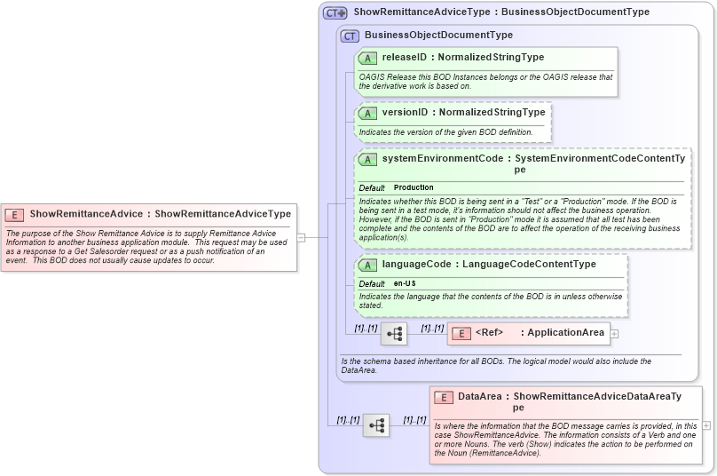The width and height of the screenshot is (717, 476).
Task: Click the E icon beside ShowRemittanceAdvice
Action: click(15, 214)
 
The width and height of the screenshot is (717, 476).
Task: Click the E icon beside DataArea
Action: click(444, 397)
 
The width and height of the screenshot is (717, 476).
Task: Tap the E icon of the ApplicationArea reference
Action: click(461, 333)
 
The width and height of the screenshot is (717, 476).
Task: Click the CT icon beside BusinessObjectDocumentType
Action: click(351, 36)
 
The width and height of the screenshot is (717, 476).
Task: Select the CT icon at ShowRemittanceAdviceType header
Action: click(335, 12)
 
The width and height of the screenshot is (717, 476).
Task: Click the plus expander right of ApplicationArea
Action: click(614, 334)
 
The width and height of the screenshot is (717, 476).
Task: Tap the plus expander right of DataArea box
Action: click(706, 425)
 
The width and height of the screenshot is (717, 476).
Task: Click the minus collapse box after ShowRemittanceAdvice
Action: click(302, 237)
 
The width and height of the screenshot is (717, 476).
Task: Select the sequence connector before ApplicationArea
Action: click(394, 334)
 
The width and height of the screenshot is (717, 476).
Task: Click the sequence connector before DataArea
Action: click(376, 425)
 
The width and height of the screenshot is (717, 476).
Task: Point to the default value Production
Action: click(414, 188)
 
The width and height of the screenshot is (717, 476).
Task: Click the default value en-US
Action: click(405, 283)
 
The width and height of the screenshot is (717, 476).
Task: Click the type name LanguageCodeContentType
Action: click(523, 265)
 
